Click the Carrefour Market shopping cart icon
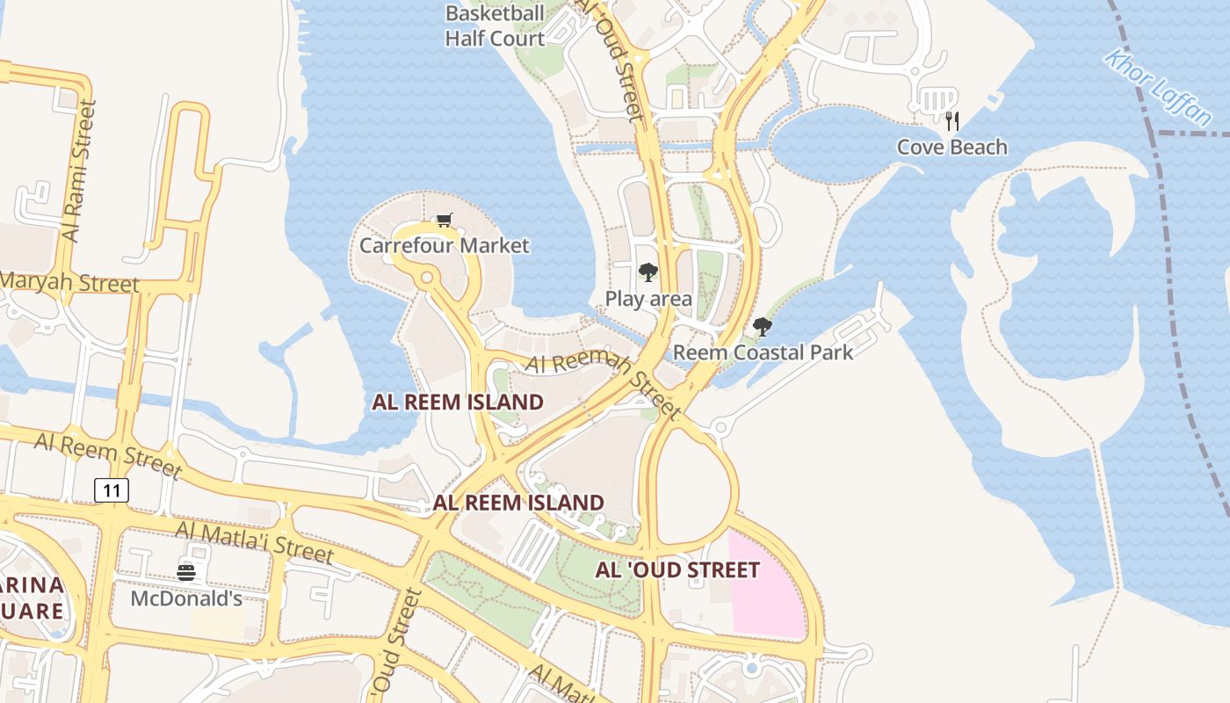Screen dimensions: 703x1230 444,220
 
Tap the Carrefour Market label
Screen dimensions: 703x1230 444,245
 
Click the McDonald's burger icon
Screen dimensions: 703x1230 186,573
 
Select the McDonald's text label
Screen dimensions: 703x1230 186,598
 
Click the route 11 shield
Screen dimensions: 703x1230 112,490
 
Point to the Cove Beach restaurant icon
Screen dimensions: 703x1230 952,120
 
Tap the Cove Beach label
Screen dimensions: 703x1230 952,147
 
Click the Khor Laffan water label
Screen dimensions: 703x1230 1157,87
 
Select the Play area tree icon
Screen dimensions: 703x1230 648,272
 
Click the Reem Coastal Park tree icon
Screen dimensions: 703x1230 763,327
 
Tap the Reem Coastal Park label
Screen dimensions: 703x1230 763,352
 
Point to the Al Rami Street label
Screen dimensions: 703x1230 79,171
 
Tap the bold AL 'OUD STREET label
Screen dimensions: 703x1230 677,570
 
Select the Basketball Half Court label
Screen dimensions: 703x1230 495,25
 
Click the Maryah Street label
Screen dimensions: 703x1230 70,283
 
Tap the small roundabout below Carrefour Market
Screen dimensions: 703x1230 427,278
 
